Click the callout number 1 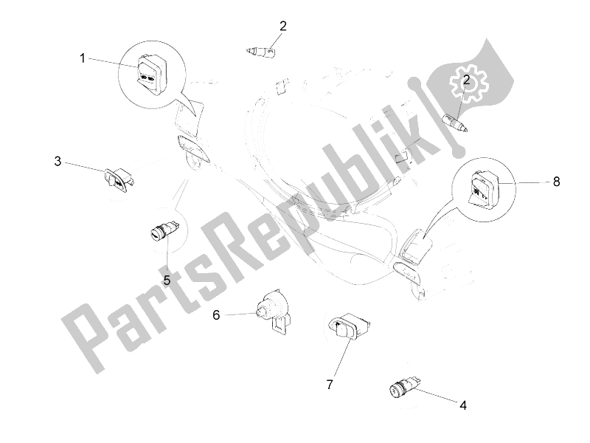click(83, 59)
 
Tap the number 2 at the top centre click(283, 26)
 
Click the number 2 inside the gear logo click(467, 80)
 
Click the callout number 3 click(58, 161)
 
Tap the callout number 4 click(463, 405)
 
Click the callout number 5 click(167, 280)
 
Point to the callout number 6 click(216, 315)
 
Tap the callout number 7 click(330, 385)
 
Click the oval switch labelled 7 click(350, 326)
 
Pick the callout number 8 click(557, 182)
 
